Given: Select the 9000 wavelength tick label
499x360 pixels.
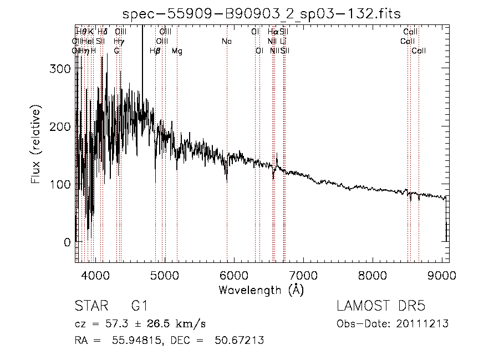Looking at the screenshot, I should point(441,275).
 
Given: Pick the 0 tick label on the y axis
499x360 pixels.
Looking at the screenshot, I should point(67,242).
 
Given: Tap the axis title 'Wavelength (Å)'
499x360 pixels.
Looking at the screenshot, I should point(261,290).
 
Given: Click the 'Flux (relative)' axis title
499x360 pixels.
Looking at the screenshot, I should point(36,146).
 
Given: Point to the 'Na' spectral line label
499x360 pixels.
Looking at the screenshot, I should point(226,42).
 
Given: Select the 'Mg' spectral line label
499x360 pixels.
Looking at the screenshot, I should point(177,51).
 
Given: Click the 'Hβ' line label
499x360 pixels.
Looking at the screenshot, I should point(155,51).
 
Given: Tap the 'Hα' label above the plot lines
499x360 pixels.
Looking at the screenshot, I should point(273,32).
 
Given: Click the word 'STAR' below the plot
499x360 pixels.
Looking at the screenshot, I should point(90,306).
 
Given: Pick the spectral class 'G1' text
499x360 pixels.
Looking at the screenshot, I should point(139,306).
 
